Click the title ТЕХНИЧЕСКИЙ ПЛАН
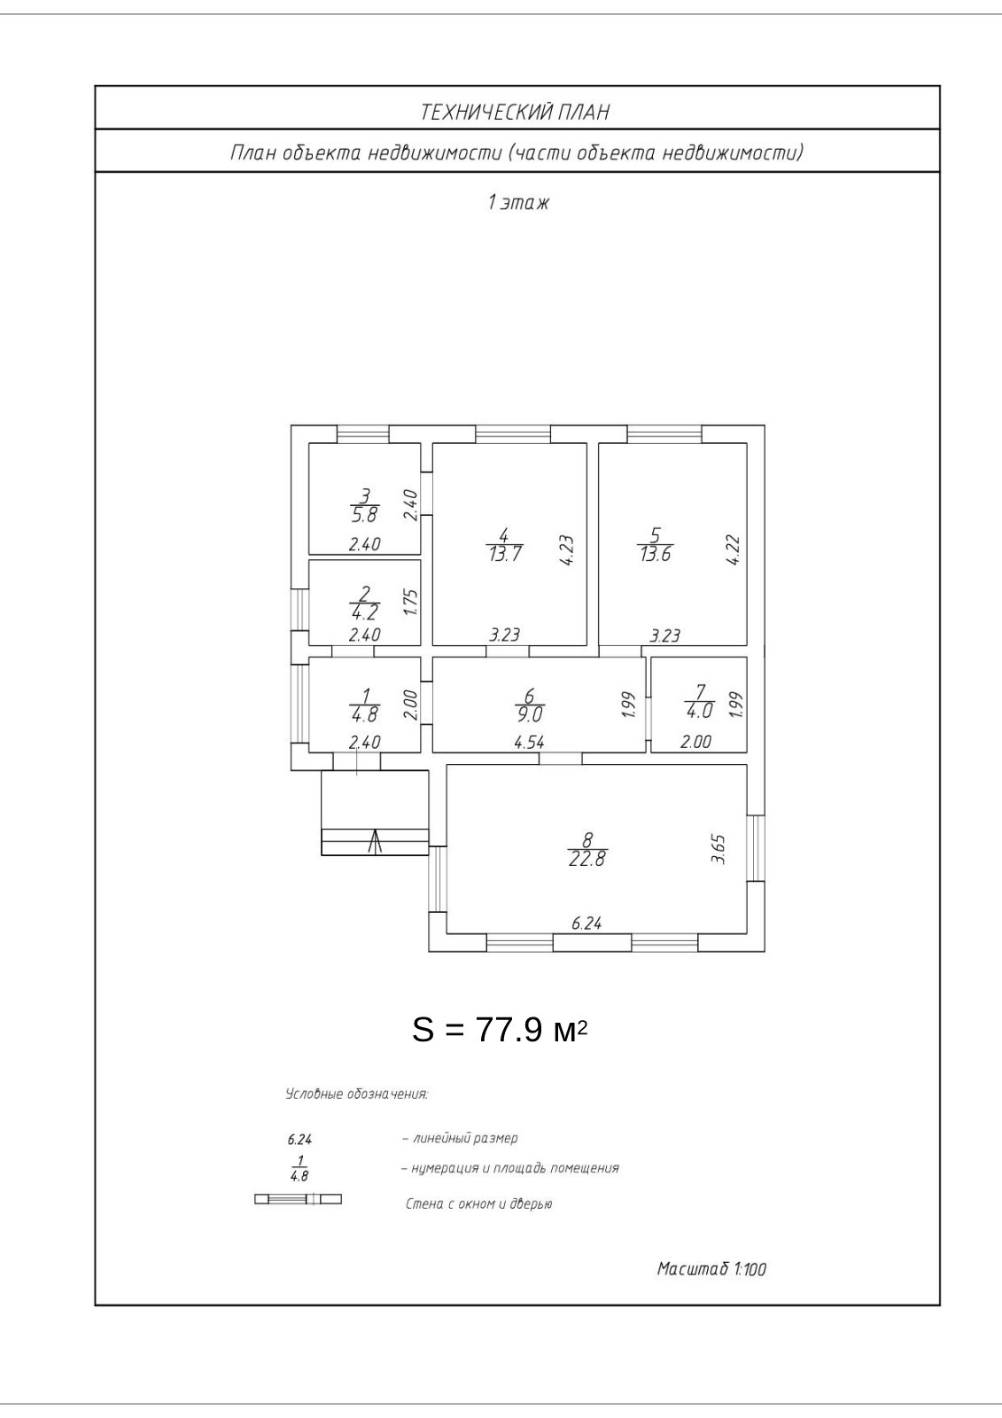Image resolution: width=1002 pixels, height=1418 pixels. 515,112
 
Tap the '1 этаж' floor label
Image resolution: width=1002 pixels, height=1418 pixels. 518,202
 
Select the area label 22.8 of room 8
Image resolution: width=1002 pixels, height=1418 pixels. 587,859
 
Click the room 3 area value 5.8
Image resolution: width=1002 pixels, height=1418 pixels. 364,515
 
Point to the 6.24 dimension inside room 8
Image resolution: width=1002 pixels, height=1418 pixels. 586,923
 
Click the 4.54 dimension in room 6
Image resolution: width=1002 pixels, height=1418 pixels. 529,743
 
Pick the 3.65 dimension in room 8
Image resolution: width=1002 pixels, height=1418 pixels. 719,848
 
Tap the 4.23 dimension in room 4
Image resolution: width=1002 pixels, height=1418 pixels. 568,549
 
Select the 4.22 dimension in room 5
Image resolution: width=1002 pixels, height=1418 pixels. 733,549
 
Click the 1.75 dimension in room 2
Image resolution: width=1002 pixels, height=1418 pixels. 409,603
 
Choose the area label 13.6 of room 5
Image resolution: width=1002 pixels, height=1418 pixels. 655,555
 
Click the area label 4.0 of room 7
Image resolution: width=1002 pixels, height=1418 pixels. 699,711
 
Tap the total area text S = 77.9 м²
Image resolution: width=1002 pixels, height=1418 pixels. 501,1030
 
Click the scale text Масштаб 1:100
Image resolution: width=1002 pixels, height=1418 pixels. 711,1269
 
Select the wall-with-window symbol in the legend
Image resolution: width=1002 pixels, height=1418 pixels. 298,1200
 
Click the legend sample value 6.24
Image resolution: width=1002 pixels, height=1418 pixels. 300,1140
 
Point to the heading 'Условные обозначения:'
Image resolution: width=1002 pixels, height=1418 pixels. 356,1095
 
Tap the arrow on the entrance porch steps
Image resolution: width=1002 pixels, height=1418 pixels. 374,841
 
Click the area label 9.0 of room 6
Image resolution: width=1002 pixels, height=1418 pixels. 530,711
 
